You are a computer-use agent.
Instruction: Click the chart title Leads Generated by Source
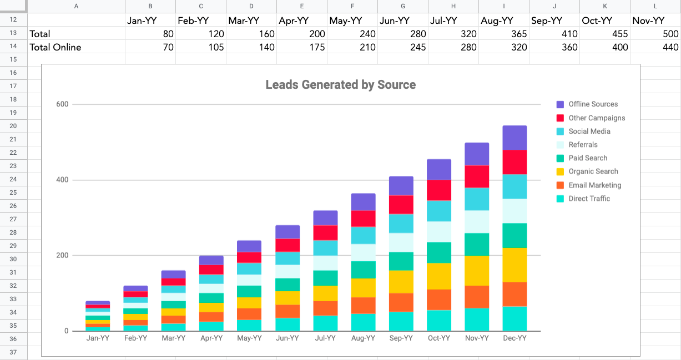point(340,85)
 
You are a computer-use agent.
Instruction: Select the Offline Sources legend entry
point(593,104)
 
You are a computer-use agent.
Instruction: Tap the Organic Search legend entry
point(593,171)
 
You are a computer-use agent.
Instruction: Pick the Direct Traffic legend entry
point(589,199)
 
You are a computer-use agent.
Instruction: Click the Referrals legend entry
point(583,145)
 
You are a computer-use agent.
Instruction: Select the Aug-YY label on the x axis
point(363,338)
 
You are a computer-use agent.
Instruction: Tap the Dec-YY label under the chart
point(514,338)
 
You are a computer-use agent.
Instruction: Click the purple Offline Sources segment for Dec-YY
point(514,138)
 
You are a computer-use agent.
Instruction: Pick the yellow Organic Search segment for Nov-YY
point(477,271)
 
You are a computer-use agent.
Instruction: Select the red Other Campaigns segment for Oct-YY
point(439,190)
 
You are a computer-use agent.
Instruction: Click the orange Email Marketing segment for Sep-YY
point(401,302)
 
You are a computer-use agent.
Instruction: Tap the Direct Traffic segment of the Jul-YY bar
point(325,323)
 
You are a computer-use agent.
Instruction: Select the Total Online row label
point(55,47)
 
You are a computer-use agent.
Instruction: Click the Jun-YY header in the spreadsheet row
point(395,21)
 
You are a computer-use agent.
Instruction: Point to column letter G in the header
point(403,6)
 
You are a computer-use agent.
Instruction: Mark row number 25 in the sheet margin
point(13,192)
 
